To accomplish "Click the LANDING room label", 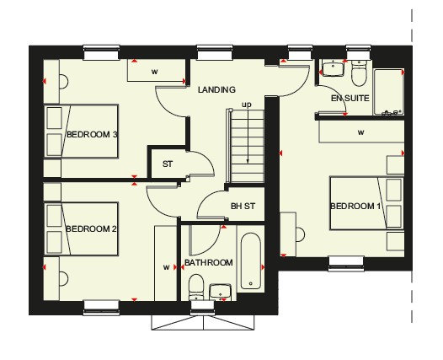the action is (216, 90).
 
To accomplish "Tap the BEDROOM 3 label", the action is (92, 134).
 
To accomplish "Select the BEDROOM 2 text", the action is (91, 228).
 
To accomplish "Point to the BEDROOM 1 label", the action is (355, 207).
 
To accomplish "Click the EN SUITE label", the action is (350, 99).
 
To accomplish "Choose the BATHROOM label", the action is (209, 263).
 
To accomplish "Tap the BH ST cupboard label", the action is (243, 207).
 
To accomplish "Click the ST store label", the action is (168, 164).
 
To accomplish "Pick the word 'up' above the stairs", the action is (247, 105).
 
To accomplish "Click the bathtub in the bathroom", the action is (251, 261).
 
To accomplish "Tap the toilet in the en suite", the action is (359, 73).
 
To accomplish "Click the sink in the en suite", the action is (334, 68).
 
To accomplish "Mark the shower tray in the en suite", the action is (388, 92).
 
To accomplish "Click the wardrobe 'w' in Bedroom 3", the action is (154, 72).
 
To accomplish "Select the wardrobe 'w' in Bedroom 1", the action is (360, 132).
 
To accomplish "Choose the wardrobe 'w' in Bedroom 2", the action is (167, 267).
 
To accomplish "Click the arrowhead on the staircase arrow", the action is (248, 162).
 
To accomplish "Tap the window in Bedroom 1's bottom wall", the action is (346, 263).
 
